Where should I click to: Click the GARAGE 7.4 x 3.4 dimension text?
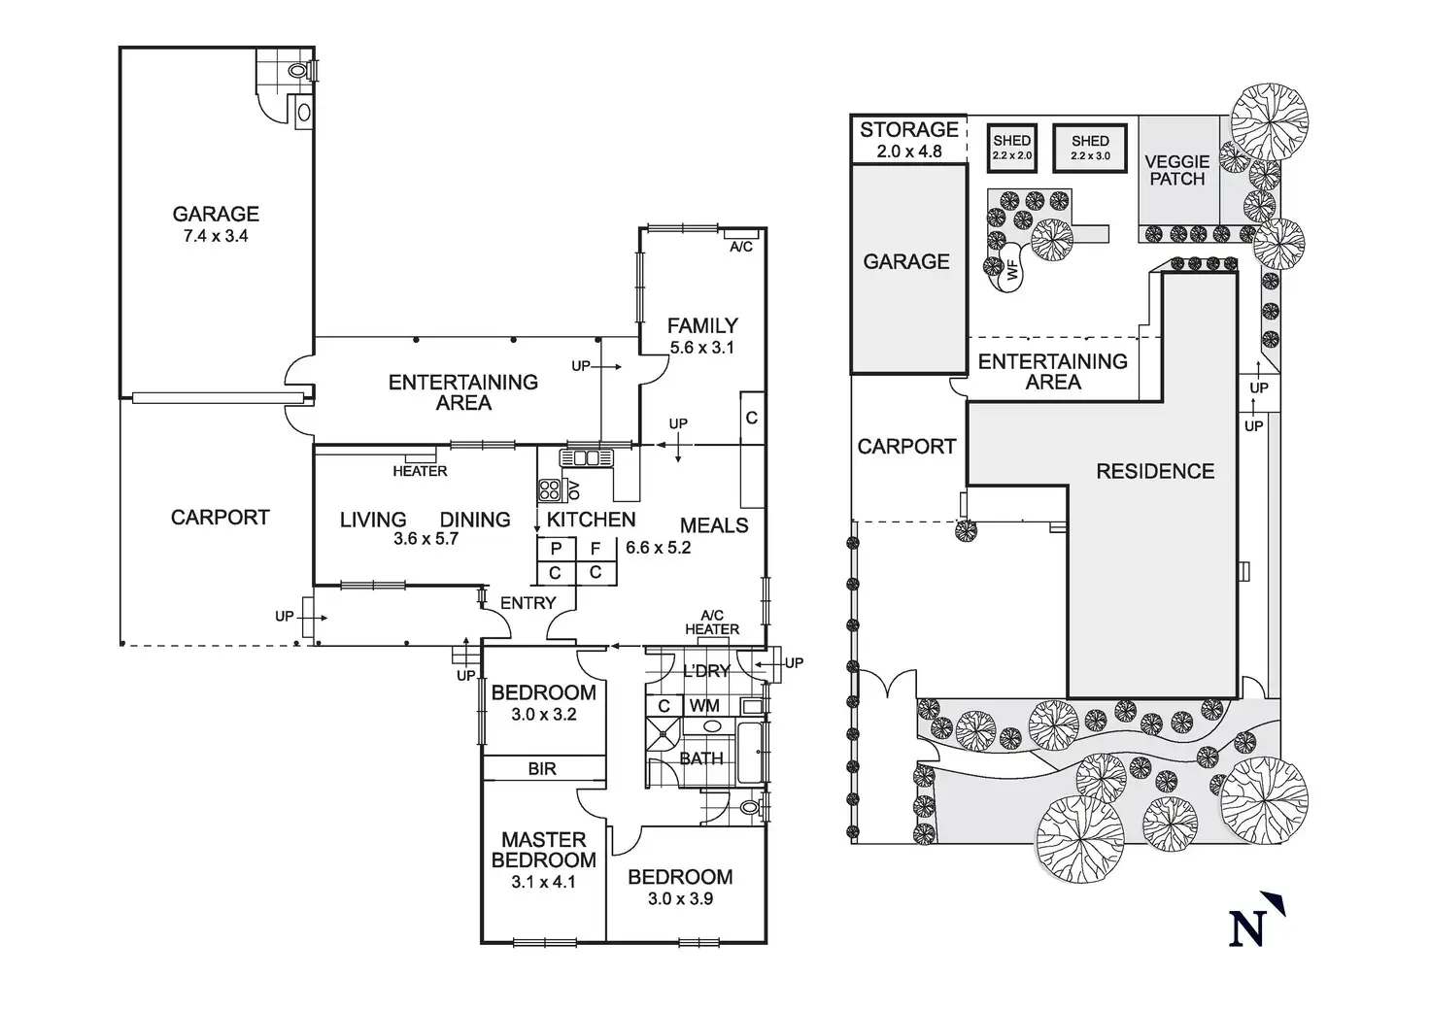(216, 236)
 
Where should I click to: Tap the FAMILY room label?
(702, 326)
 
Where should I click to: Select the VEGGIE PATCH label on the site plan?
(1176, 170)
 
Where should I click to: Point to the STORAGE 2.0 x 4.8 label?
(909, 140)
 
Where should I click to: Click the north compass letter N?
(1248, 929)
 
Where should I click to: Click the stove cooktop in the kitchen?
(550, 489)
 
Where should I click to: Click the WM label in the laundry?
(704, 706)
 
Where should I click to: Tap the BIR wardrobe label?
(542, 768)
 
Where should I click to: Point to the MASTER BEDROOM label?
(543, 850)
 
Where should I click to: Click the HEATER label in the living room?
(420, 471)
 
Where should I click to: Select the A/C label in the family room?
(740, 247)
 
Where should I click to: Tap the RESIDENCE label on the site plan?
(1155, 472)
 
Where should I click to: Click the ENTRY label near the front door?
(528, 603)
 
